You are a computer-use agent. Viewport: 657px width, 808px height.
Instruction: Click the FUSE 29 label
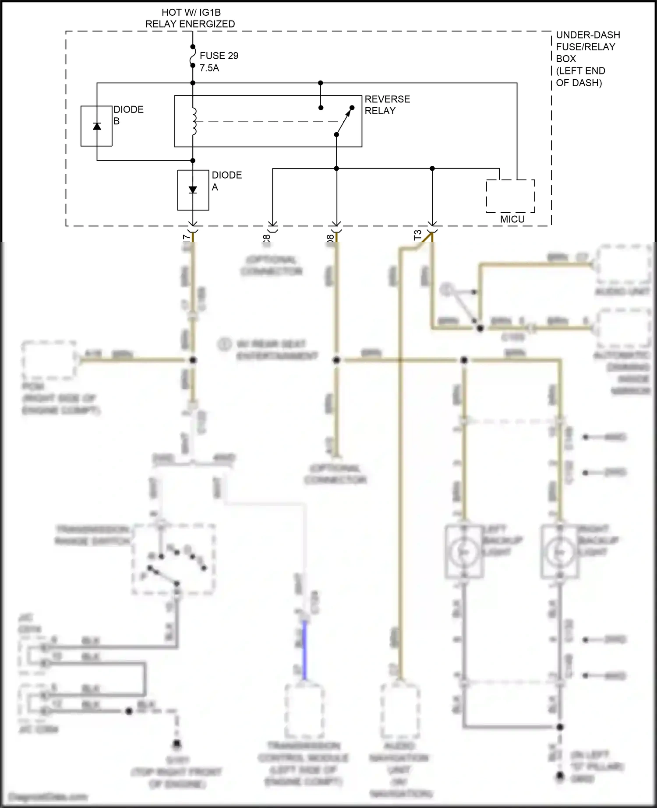219,56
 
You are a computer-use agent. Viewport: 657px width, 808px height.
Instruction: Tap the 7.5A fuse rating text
209,68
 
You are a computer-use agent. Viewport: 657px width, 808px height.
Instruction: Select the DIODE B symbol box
96,126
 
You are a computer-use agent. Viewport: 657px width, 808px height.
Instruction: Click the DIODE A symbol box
193,190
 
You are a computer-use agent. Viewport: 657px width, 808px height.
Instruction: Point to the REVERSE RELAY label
387,105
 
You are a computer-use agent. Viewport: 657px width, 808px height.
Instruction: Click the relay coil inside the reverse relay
194,121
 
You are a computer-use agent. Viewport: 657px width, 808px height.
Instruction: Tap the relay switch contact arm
343,122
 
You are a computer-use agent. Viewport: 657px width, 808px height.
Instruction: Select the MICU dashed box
510,197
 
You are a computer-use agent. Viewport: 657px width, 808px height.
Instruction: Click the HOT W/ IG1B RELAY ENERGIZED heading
190,18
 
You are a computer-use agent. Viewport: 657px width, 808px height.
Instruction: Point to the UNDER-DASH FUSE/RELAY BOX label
587,59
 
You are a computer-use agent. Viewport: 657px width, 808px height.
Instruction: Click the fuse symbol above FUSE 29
193,56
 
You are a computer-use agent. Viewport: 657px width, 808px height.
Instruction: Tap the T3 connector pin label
417,235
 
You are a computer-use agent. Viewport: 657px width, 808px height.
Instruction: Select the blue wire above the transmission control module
305,650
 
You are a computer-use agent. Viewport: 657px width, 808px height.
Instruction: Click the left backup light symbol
464,552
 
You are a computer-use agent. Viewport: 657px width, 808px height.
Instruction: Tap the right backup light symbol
559,552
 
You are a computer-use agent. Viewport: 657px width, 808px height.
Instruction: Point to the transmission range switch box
173,559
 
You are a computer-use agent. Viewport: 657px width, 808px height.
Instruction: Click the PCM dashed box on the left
49,360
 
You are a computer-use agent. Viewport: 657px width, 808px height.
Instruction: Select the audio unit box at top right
624,264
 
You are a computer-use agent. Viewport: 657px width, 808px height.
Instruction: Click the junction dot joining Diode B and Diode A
193,161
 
